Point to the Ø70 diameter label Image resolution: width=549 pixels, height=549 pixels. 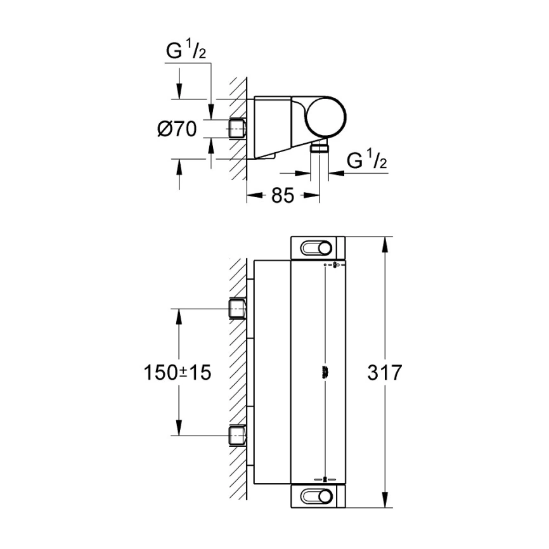pyautogui.click(x=177, y=129)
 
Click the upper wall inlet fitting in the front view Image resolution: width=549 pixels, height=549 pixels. pyautogui.click(x=237, y=309)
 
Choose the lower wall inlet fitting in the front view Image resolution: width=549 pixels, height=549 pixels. pyautogui.click(x=237, y=435)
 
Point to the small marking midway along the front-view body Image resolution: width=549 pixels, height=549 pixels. pyautogui.click(x=325, y=372)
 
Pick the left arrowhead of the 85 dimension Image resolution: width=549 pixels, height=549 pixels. pyautogui.click(x=250, y=196)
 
